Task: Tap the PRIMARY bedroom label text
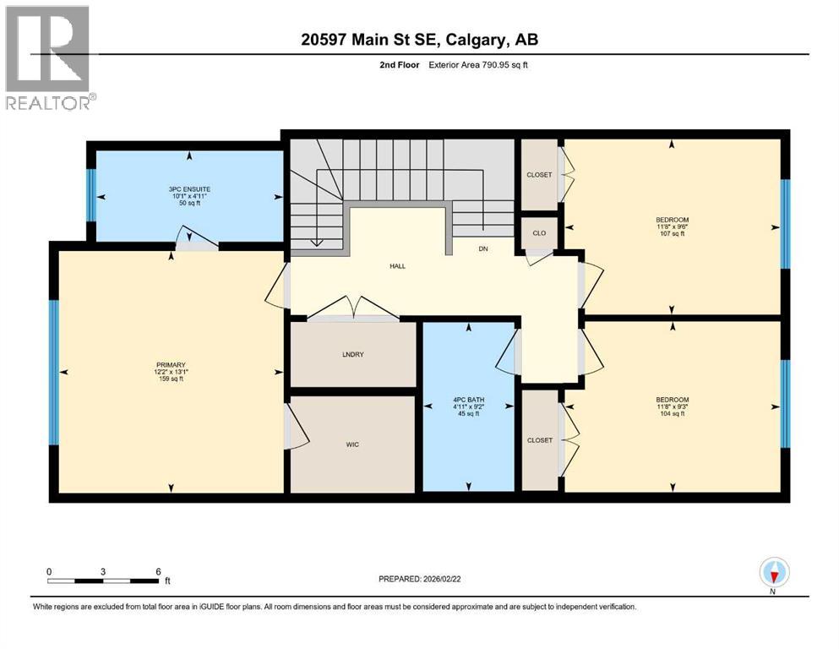170,364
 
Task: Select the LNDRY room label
352,354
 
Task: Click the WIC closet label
352,444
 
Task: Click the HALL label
397,266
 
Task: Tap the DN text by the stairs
483,249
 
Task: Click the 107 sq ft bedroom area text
673,234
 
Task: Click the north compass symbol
773,573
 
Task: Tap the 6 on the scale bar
157,571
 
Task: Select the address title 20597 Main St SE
419,39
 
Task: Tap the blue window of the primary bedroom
54,371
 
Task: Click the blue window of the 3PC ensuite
90,195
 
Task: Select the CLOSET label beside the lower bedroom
539,440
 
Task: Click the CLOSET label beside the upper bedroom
539,175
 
